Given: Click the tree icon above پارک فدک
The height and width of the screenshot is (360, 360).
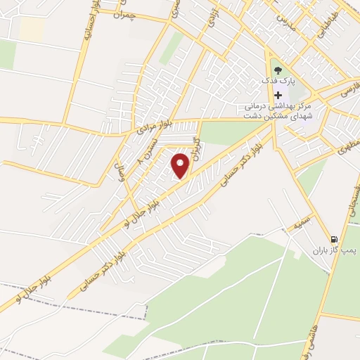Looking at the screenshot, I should (x=278, y=70).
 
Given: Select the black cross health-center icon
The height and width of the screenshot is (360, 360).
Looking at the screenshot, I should (x=278, y=95).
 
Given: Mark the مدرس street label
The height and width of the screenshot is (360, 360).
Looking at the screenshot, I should (x=283, y=20).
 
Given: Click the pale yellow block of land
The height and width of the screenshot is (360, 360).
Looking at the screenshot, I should (x=32, y=28).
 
